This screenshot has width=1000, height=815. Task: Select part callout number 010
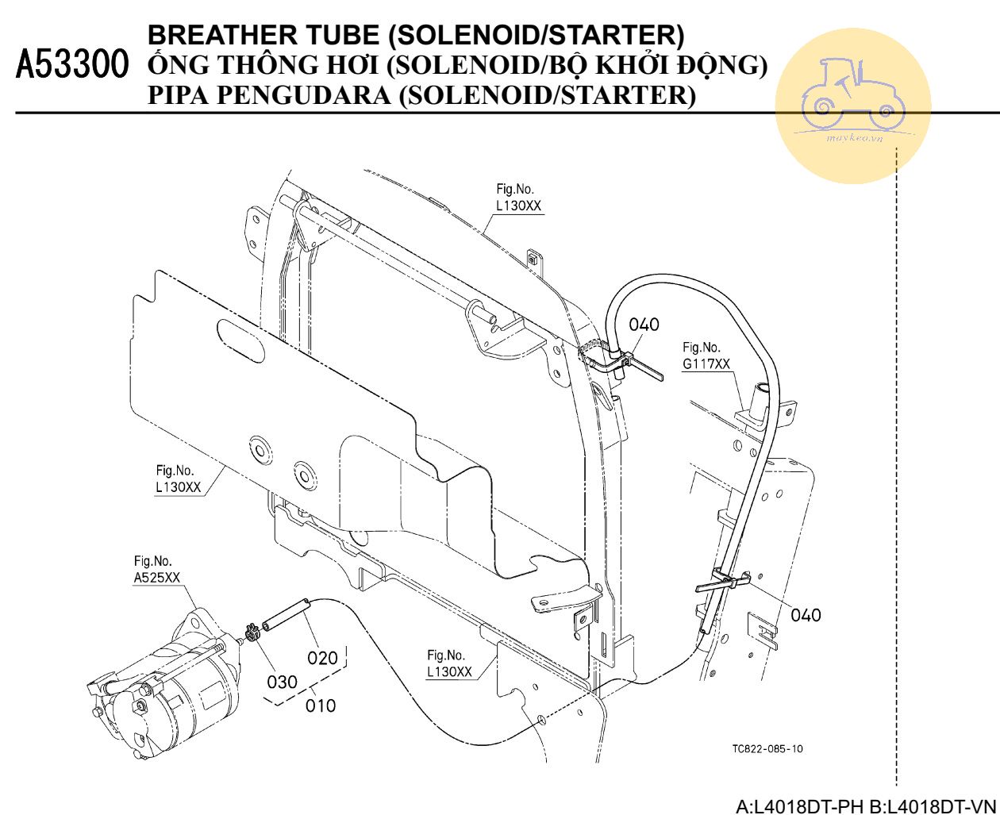(x=321, y=705)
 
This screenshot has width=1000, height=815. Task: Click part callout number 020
(x=322, y=657)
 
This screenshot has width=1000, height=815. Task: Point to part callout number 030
(x=282, y=682)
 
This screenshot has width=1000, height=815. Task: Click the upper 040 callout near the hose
(x=644, y=324)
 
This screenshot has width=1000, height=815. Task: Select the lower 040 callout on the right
(x=806, y=614)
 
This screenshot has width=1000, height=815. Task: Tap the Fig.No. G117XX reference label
(x=706, y=356)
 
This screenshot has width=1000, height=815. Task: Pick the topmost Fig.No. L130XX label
(x=519, y=198)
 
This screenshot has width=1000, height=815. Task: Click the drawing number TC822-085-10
(x=767, y=749)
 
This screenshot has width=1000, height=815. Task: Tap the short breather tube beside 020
(x=286, y=616)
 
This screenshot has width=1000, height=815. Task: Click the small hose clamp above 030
(x=252, y=634)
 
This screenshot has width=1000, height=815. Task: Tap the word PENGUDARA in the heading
(x=304, y=95)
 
